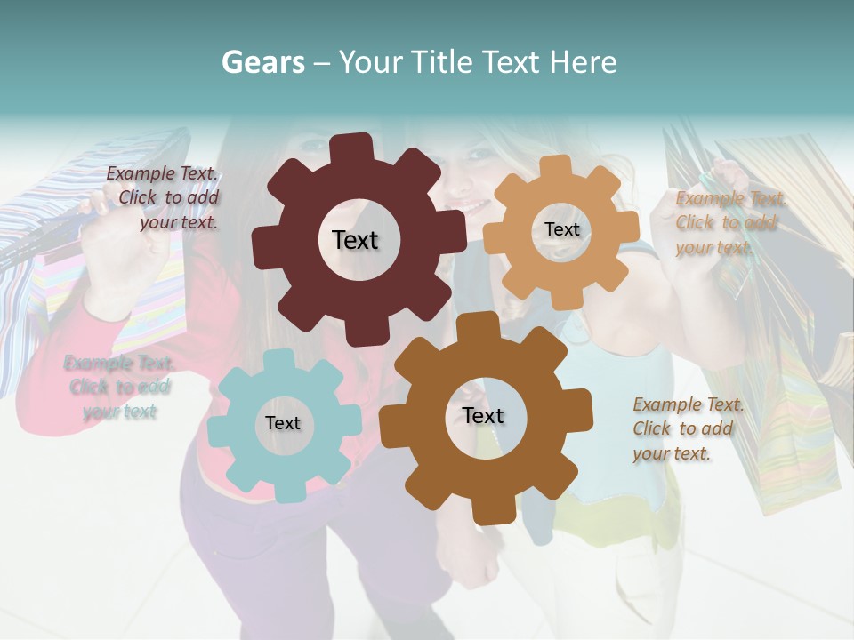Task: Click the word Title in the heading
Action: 441,62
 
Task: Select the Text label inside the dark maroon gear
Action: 355,240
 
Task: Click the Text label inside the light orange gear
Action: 561,229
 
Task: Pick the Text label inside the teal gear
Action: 282,423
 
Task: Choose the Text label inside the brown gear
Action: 483,415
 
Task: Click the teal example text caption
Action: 119,388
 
